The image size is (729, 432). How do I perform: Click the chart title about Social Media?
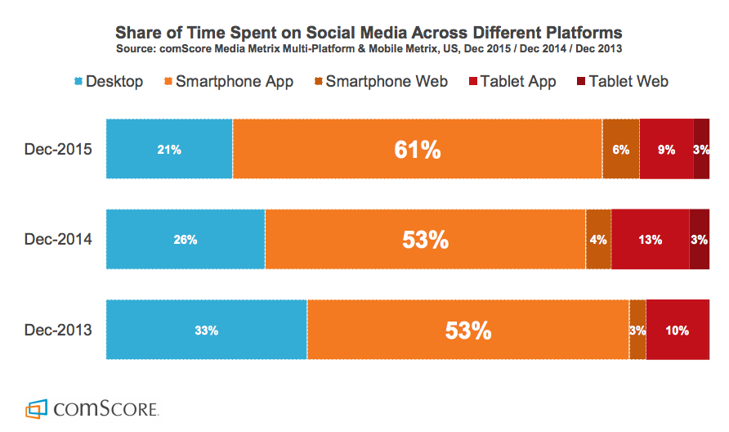click(368, 33)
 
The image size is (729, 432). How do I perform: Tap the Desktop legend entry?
click(108, 81)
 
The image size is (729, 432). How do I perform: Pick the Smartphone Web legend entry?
click(381, 81)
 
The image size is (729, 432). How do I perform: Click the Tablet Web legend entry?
click(622, 81)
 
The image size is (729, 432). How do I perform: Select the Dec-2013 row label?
click(58, 330)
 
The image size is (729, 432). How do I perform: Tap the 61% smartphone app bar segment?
click(418, 149)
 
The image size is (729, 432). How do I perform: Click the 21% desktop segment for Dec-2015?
click(169, 149)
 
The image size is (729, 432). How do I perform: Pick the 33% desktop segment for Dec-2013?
click(206, 330)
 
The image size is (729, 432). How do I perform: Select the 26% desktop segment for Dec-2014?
click(185, 239)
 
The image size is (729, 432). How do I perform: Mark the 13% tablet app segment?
click(651, 239)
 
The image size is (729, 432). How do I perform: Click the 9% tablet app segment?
click(666, 149)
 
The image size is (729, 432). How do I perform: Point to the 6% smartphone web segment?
click(621, 149)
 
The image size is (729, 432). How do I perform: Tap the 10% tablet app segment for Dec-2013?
click(677, 330)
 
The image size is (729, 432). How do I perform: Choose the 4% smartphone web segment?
click(598, 239)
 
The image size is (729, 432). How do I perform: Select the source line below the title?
click(368, 49)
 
